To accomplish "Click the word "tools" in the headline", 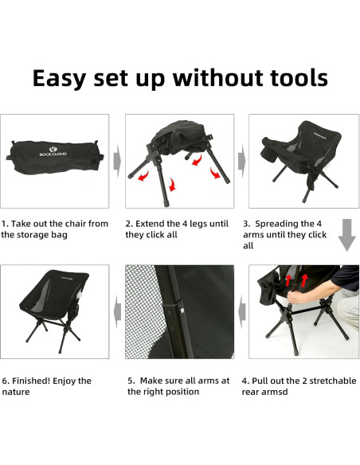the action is pyautogui.click(x=299, y=78).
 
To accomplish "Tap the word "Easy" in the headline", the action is pyautogui.click(x=59, y=79).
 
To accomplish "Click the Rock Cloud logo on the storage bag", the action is pyautogui.click(x=53, y=151).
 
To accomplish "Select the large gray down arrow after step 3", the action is pyautogui.click(x=347, y=235).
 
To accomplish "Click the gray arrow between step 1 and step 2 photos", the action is pyautogui.click(x=117, y=161).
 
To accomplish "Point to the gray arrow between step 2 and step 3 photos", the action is pyautogui.click(x=241, y=161).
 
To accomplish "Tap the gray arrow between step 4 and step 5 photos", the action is pyautogui.click(x=242, y=311).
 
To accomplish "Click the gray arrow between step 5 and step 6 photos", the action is pyautogui.click(x=117, y=311).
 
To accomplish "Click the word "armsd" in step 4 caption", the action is pyautogui.click(x=275, y=392).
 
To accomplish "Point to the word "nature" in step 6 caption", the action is pyautogui.click(x=16, y=392).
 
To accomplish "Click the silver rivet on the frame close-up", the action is pyautogui.click(x=182, y=311).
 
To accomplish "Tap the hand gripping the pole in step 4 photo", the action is pyautogui.click(x=296, y=297).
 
